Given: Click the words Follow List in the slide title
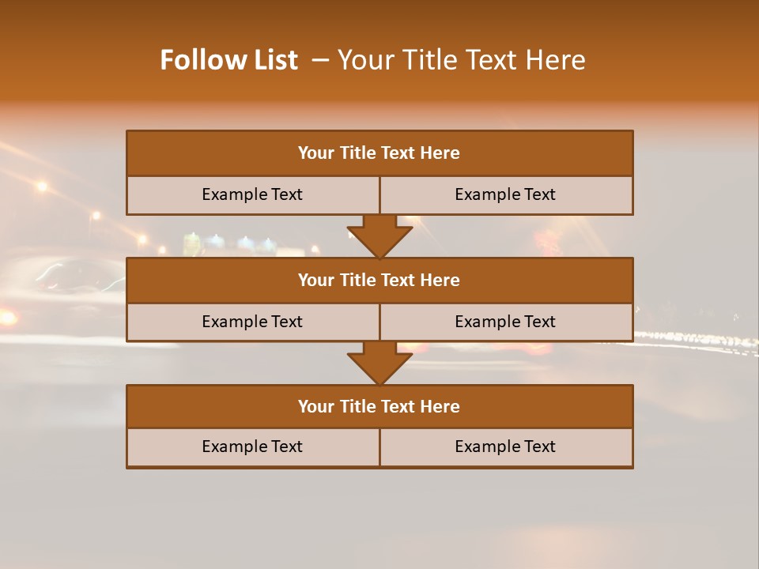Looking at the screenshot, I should click(228, 60).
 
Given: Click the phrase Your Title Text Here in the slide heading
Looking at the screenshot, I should click(461, 60).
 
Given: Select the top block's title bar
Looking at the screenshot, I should click(379, 153).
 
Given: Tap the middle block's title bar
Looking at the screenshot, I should click(379, 280).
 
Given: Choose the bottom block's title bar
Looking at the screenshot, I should click(379, 406).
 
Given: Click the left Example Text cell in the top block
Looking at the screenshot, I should click(252, 194).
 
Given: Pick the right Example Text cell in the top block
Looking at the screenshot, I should click(505, 194).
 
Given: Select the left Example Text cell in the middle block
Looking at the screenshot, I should click(252, 322).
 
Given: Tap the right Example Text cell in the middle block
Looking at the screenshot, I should click(505, 322).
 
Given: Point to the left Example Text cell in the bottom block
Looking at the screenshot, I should click(252, 447).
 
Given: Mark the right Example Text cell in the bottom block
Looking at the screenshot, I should click(505, 447).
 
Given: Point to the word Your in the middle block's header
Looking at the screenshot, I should click(315, 280).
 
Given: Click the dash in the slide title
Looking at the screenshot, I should click(320, 60).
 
